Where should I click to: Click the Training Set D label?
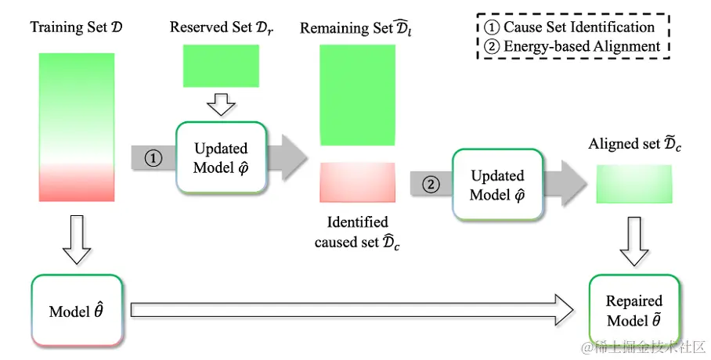[76, 27]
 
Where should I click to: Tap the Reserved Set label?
[222, 27]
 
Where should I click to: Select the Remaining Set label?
[356, 28]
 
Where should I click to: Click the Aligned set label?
[635, 144]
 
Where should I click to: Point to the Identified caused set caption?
[357, 232]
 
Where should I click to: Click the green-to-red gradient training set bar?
[77, 127]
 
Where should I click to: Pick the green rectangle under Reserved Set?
[221, 66]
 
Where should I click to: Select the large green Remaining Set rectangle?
[357, 95]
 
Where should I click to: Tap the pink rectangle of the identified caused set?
[357, 182]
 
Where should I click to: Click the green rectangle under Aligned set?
[634, 184]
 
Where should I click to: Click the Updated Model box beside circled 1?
[222, 158]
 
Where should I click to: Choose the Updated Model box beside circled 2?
[497, 185]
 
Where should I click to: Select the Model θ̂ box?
[77, 311]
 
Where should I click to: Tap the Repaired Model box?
[634, 311]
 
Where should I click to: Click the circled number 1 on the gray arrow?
[153, 158]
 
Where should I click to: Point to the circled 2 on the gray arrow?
[431, 184]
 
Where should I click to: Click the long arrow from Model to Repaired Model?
[352, 310]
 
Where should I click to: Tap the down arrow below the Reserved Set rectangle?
[221, 105]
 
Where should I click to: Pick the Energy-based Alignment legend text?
[573, 46]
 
